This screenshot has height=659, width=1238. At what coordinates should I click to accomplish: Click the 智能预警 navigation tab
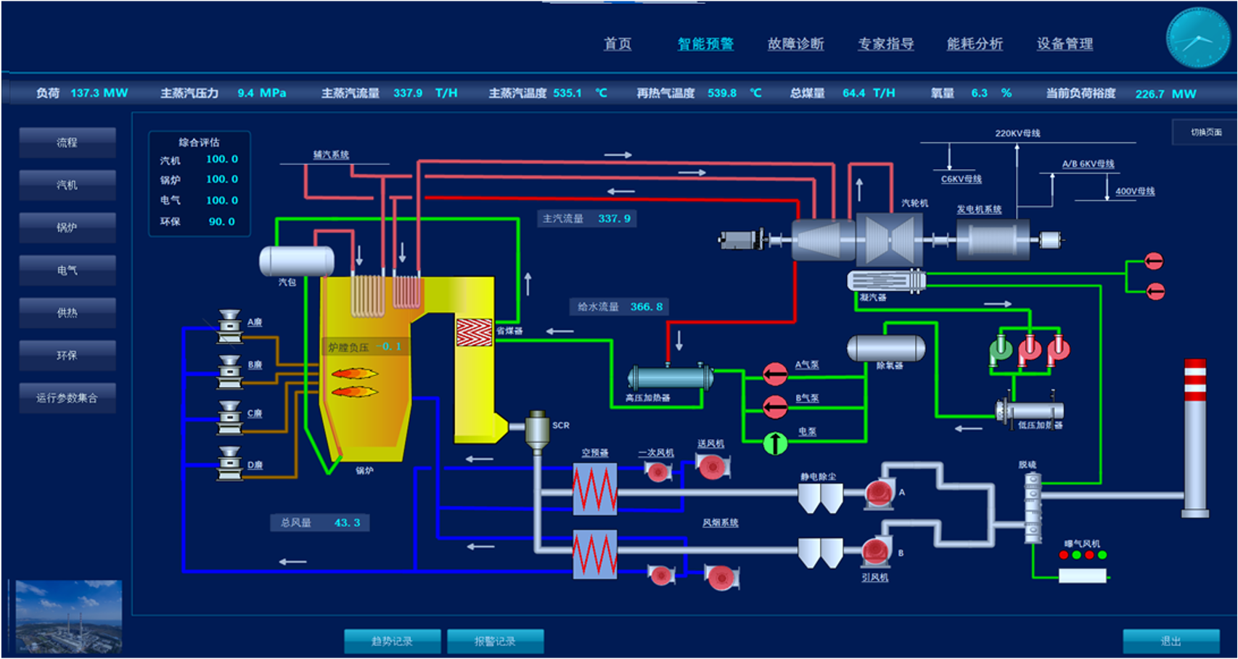pyautogui.click(x=705, y=44)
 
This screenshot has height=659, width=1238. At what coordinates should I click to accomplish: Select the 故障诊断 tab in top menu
pyautogui.click(x=795, y=44)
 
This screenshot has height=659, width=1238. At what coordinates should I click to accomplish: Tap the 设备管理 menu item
pyautogui.click(x=1065, y=44)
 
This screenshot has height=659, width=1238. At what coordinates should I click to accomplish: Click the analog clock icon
pyautogui.click(x=1197, y=38)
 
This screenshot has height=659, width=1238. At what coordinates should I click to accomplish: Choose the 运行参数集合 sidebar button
pyautogui.click(x=67, y=398)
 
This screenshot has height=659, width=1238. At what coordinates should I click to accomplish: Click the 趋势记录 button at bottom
pyautogui.click(x=392, y=642)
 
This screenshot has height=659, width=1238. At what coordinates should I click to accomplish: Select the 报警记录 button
pyautogui.click(x=495, y=642)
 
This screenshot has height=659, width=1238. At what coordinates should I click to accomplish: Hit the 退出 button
pyautogui.click(x=1171, y=642)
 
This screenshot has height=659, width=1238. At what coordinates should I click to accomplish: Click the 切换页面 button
pyautogui.click(x=1205, y=132)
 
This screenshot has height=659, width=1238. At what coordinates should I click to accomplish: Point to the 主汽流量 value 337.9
pyautogui.click(x=614, y=218)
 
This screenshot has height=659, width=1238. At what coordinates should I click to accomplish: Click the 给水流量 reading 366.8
pyautogui.click(x=646, y=307)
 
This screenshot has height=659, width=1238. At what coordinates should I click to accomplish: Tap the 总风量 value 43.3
pyautogui.click(x=347, y=523)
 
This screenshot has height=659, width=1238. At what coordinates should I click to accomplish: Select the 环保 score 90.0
pyautogui.click(x=221, y=221)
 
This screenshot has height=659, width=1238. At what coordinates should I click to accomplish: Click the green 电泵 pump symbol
pyautogui.click(x=775, y=443)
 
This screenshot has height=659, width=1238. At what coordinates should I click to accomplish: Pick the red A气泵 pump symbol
pyautogui.click(x=775, y=374)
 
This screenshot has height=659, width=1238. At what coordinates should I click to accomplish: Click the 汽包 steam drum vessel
pyautogui.click(x=297, y=261)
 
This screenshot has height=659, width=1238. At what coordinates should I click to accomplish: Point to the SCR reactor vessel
pyautogui.click(x=537, y=430)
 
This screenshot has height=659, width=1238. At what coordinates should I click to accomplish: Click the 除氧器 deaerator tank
pyautogui.click(x=886, y=348)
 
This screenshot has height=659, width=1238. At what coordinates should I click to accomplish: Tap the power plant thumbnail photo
pyautogui.click(x=69, y=616)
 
